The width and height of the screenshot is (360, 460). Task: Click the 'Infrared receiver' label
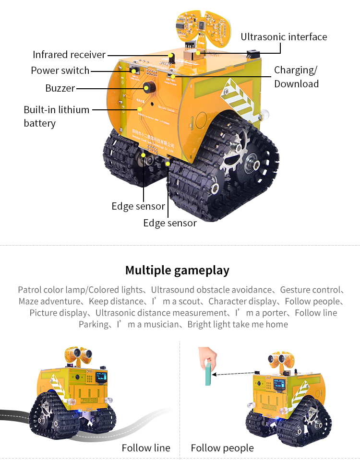coord(69,55)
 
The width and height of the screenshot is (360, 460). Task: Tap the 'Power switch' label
coord(60,71)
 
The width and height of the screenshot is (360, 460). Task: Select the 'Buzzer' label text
coord(60,88)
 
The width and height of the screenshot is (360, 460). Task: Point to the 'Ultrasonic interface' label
coord(284,37)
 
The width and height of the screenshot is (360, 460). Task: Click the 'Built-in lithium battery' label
coord(56,116)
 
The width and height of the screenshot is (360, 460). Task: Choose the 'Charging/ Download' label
coord(296,77)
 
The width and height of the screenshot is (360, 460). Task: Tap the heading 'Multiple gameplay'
coord(177,270)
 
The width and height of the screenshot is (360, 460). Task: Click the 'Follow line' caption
coord(146,448)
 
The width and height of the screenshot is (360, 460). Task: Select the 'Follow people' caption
coord(222,448)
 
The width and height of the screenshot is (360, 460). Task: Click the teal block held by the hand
coord(207,374)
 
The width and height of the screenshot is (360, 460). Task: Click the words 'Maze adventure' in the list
coord(49,301)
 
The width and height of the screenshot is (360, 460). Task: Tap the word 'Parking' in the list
coord(94,324)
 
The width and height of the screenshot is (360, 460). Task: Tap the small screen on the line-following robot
coord(101,377)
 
